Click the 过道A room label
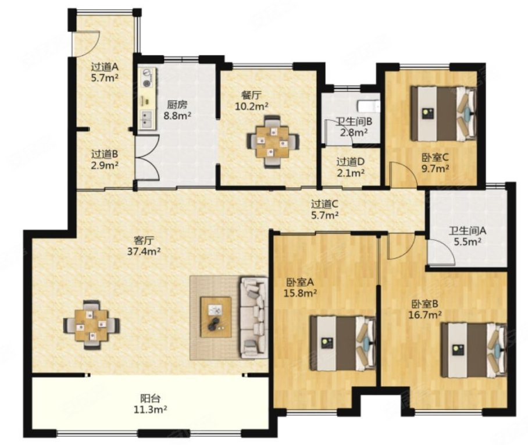point(105,67)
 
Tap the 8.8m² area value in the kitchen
point(177,116)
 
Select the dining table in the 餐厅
point(273,141)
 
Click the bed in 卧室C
point(443,113)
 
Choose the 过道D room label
point(351,162)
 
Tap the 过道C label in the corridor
point(324,204)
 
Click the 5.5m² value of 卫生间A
point(467,241)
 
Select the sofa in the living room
point(254,318)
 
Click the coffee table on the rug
point(216,316)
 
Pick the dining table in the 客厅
point(91,325)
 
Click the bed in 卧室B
point(474,350)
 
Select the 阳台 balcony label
point(150,398)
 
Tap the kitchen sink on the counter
point(147,120)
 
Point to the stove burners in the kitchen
point(147,78)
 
